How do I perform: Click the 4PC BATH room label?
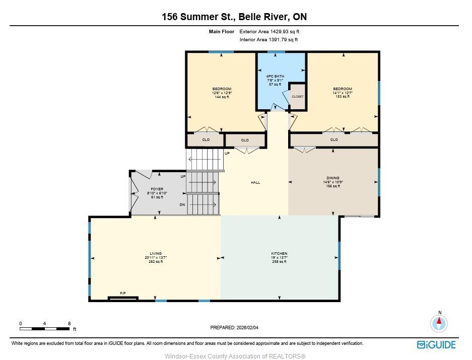point(275,76)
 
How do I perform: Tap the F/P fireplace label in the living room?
point(123,293)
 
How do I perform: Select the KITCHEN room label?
point(280,253)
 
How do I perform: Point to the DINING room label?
point(333,178)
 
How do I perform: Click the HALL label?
point(255,182)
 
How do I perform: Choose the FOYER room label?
point(157,189)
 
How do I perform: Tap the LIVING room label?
point(156,253)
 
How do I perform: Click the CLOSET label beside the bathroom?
point(298,97)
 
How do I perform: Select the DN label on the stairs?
point(182,205)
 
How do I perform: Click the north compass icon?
point(439,323)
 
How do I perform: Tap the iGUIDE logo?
point(436,345)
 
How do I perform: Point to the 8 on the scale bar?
point(69,324)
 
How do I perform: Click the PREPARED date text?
point(234,327)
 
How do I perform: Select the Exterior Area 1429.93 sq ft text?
point(269,31)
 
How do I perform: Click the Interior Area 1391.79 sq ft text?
point(269,39)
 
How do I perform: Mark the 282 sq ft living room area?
point(156,262)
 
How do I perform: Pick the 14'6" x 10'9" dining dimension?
point(333,182)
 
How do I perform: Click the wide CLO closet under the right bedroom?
point(334,139)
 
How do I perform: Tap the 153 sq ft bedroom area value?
point(343,97)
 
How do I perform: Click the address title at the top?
point(234,17)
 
